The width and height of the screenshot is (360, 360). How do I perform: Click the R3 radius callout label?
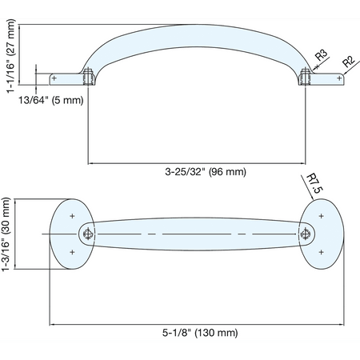click(x=321, y=55)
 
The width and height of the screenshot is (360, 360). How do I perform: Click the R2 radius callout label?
click(x=349, y=62)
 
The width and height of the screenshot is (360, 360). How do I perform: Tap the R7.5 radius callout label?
click(x=315, y=184)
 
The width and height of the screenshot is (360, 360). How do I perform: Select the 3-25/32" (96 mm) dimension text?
click(x=206, y=171)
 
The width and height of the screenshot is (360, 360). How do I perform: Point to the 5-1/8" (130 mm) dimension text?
click(x=200, y=333)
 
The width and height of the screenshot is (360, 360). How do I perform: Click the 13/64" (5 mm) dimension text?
click(x=51, y=100)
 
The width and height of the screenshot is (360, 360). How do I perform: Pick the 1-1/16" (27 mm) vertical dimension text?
click(x=11, y=56)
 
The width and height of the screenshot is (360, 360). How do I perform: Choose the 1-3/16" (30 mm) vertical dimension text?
click(x=6, y=234)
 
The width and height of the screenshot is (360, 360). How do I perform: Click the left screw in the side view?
click(x=89, y=77)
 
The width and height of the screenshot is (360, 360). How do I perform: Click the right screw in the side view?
click(x=305, y=77)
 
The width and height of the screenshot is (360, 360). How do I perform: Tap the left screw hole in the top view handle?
click(x=88, y=234)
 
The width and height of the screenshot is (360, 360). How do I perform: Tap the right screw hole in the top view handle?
click(x=305, y=234)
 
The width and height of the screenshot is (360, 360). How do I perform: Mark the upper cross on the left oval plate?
click(x=72, y=216)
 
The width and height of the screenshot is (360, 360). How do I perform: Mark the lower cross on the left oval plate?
click(x=72, y=252)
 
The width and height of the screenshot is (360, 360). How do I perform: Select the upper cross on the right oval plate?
click(x=322, y=216)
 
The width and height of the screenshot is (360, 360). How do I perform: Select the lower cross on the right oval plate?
click(x=322, y=252)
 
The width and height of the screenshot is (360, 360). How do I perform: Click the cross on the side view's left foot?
click(x=54, y=78)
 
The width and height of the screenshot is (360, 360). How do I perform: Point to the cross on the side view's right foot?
click(x=339, y=78)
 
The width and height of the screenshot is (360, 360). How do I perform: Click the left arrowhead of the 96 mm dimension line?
click(x=90, y=163)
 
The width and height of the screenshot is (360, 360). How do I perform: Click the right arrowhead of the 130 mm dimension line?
click(x=342, y=325)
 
